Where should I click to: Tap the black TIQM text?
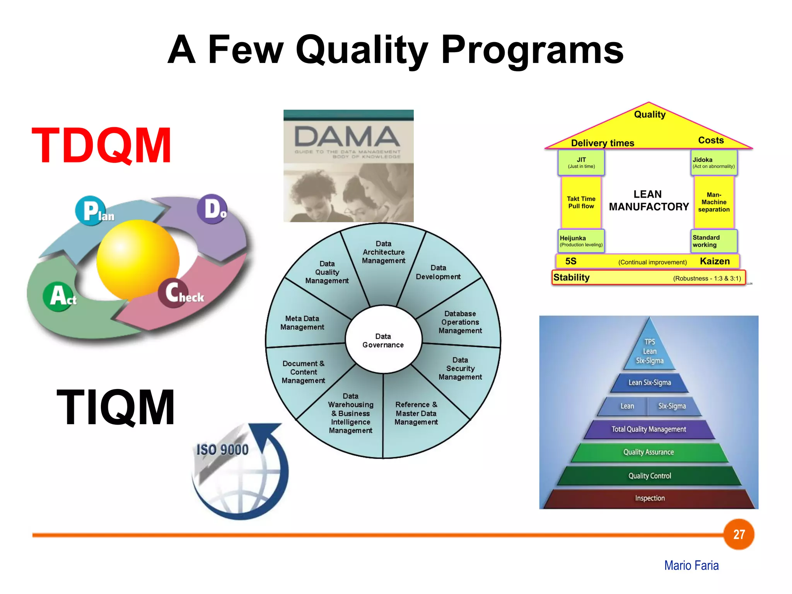pos(116,407)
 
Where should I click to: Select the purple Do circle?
pos(212,209)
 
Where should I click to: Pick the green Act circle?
pos(58,297)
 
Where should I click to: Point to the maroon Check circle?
pos(173,293)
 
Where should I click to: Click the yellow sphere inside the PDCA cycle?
pos(138,260)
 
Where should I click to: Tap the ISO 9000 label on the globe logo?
pos(222,450)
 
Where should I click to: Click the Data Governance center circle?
pos(383,340)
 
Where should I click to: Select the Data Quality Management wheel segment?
pos(327,272)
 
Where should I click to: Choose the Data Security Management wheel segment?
pos(460,368)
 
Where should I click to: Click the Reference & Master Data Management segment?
pos(416,413)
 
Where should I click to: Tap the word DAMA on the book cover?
pos(347,137)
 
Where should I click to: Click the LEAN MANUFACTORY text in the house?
pos(649,200)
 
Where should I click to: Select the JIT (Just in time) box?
pos(581,162)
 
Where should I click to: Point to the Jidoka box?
pos(713,162)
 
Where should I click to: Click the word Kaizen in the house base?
pos(715,261)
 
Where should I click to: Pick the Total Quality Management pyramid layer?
pos(649,429)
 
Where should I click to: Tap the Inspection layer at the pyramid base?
pos(650,498)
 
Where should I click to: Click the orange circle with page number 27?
pos(739,534)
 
